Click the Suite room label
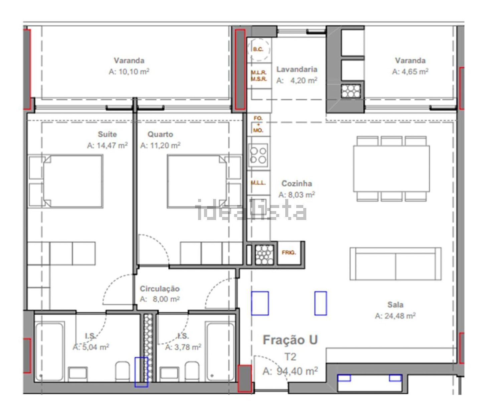click(107, 134)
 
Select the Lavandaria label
click(297, 69)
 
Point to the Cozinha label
click(297, 184)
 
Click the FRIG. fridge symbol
click(289, 252)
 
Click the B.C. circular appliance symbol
click(259, 49)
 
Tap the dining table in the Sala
click(391, 168)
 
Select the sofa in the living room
click(395, 263)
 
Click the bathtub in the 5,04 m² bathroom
click(50, 352)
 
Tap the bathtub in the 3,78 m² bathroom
click(220, 352)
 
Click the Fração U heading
click(290, 340)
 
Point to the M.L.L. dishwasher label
click(258, 183)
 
